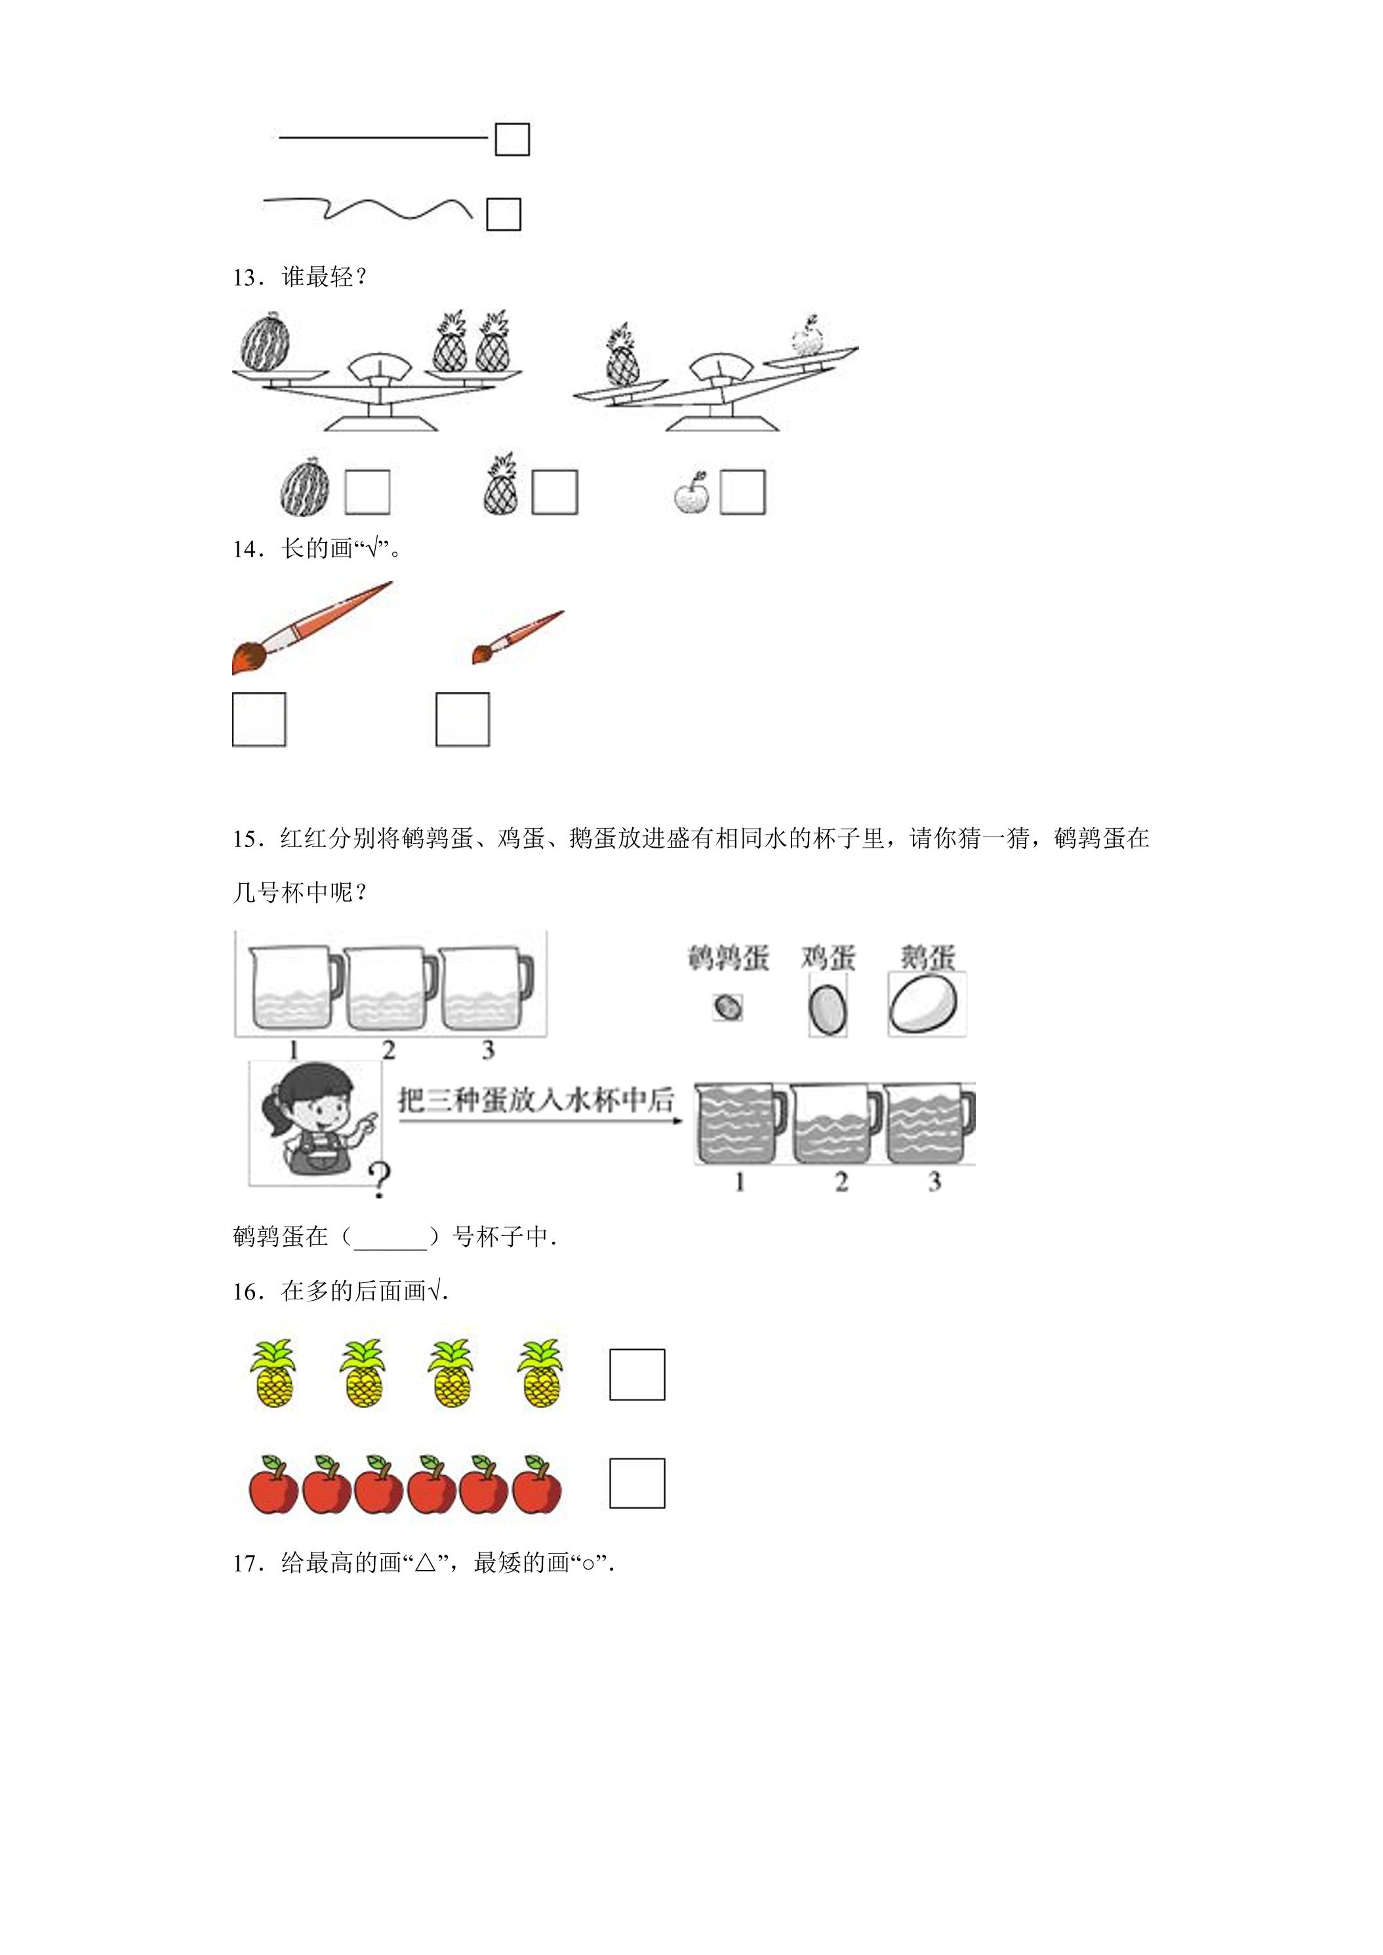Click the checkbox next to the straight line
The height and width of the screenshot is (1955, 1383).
tap(511, 140)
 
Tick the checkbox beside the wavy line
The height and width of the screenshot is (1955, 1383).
tap(503, 214)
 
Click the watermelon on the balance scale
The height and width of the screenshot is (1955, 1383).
tap(266, 341)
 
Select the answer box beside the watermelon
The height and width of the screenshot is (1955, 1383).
tap(367, 492)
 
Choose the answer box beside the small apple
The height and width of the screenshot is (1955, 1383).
tap(742, 492)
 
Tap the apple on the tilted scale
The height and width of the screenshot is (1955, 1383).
tap(807, 336)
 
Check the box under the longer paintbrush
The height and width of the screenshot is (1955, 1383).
tap(259, 719)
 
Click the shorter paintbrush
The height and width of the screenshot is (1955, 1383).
tap(518, 638)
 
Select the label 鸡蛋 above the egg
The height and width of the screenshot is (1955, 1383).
tap(828, 958)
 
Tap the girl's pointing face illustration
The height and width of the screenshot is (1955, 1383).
tap(315, 1121)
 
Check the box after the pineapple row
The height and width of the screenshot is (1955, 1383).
tap(637, 1374)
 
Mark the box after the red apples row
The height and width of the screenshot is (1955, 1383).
tap(637, 1482)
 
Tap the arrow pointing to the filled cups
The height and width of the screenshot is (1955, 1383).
tap(542, 1120)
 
